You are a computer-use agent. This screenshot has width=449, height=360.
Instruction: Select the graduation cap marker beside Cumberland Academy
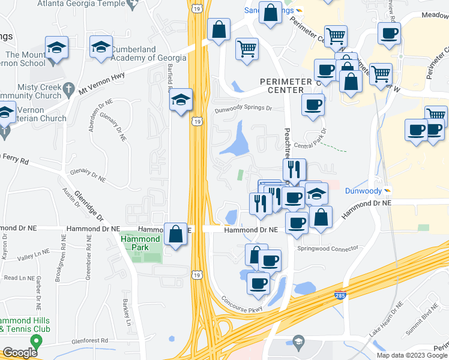coord(101,47)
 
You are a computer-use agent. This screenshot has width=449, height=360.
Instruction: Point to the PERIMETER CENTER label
coord(286,86)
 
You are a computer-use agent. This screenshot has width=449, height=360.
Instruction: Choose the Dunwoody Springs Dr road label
coord(244,109)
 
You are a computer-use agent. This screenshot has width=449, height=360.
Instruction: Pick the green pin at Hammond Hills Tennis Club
coord(37,342)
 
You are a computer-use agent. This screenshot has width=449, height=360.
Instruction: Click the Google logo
coord(20,353)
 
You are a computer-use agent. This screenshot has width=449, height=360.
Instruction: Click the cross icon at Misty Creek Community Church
coord(70,87)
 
